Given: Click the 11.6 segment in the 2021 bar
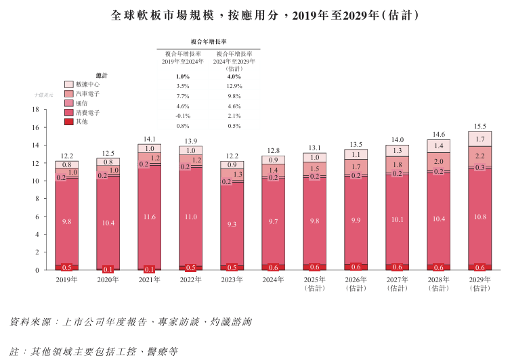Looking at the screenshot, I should coord(150,217).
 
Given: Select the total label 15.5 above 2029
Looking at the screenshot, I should coord(479,126).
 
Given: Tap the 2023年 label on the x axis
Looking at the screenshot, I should coord(232,279).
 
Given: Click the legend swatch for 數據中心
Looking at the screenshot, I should coord(69,85).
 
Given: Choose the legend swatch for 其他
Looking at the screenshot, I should coord(69,122).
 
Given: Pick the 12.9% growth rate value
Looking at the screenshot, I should coord(234,87).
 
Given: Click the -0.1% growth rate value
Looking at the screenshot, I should coord(182,116).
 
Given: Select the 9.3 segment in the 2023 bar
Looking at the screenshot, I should coord(232,224).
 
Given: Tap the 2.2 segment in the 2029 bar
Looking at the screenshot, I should coord(479,156).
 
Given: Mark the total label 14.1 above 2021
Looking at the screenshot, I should coord(150,139).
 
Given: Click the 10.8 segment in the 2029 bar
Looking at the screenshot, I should coord(479,217).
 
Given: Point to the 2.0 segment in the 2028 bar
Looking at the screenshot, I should coord(438,162).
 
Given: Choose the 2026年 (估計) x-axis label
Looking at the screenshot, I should coord(356,284).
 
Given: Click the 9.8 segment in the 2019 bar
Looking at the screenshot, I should coord(67,222).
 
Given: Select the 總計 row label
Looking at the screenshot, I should coord(101,76).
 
